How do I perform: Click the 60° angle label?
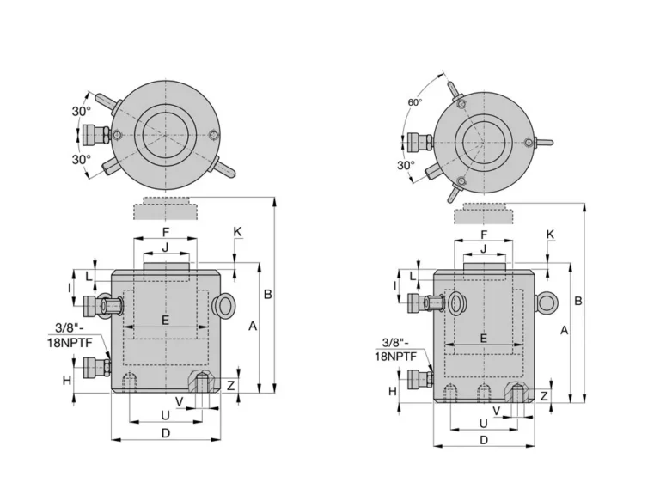415,102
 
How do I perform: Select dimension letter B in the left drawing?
267,294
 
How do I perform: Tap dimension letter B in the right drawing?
578,301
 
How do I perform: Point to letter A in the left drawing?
252,326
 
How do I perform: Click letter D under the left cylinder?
166,432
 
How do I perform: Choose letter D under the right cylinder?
484,440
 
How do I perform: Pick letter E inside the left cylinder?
166,319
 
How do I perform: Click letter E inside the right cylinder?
483,339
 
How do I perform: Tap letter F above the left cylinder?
166,232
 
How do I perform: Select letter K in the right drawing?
551,235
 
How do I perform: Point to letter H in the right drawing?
392,391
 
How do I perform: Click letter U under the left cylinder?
165,415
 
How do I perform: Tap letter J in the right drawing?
483,249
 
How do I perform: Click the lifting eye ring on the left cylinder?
225,303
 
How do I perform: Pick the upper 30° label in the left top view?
81,111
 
